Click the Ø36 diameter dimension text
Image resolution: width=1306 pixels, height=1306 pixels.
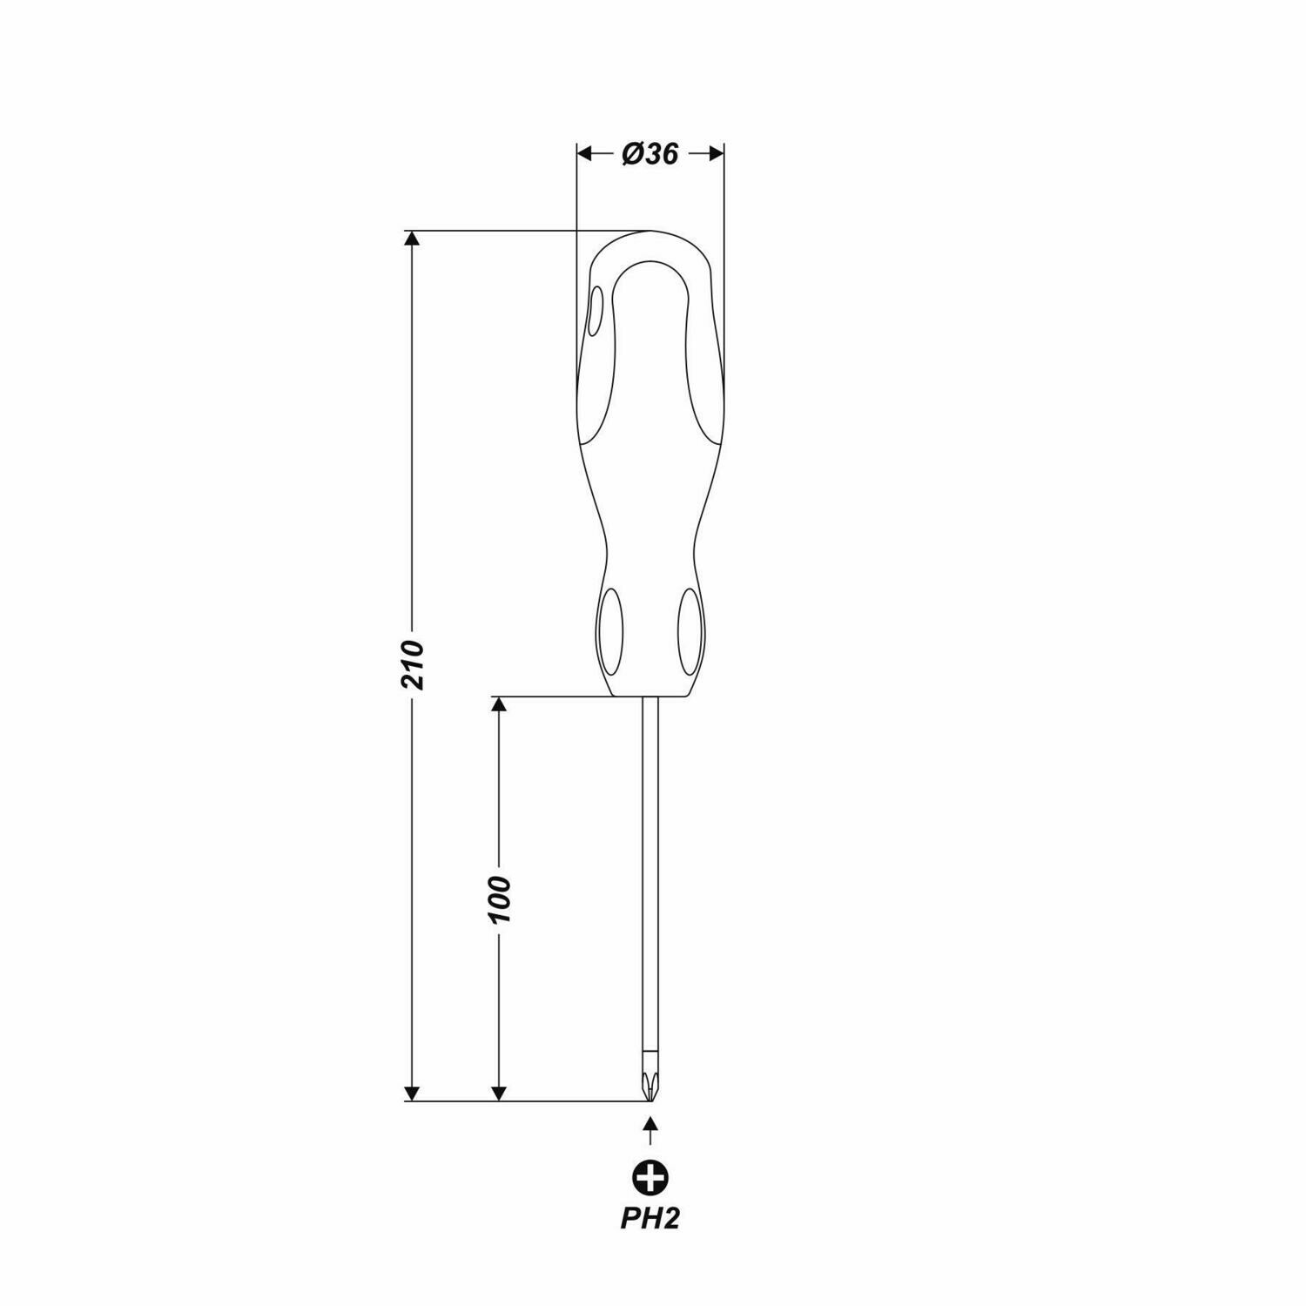(650, 154)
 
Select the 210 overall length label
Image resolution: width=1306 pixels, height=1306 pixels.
(414, 665)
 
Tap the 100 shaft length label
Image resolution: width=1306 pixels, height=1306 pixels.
(499, 900)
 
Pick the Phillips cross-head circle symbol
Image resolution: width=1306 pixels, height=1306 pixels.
(650, 1177)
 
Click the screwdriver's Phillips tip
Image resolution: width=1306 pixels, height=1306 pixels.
(650, 1087)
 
